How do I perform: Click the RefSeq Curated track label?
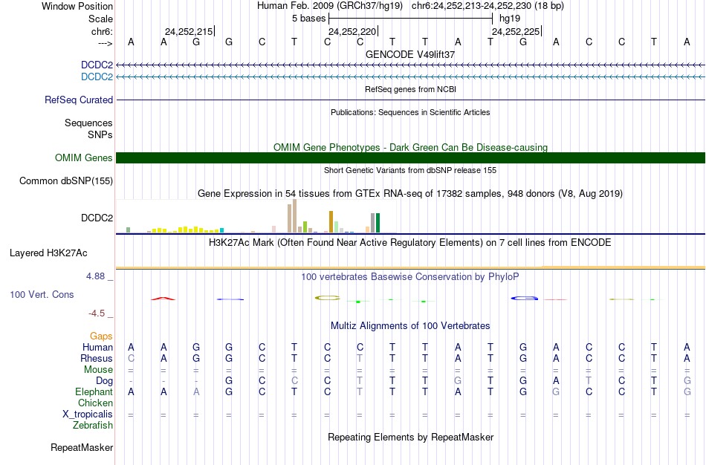tap(79, 100)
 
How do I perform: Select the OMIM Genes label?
tap(84, 157)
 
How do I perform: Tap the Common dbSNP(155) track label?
tap(66, 181)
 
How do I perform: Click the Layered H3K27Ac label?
tap(48, 253)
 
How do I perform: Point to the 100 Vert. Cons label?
tap(42, 295)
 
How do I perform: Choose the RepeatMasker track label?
tap(82, 448)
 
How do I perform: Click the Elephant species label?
tap(94, 391)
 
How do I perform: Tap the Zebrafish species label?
tap(93, 425)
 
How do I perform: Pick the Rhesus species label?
tap(97, 358)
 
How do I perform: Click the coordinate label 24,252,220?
tap(352, 32)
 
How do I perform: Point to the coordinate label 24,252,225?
tap(516, 32)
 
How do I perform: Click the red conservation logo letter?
tap(163, 299)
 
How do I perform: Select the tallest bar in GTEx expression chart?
tap(295, 216)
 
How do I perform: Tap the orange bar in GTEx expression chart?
tap(331, 222)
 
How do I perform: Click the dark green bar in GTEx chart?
tap(378, 223)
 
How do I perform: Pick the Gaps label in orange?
tap(101, 336)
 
